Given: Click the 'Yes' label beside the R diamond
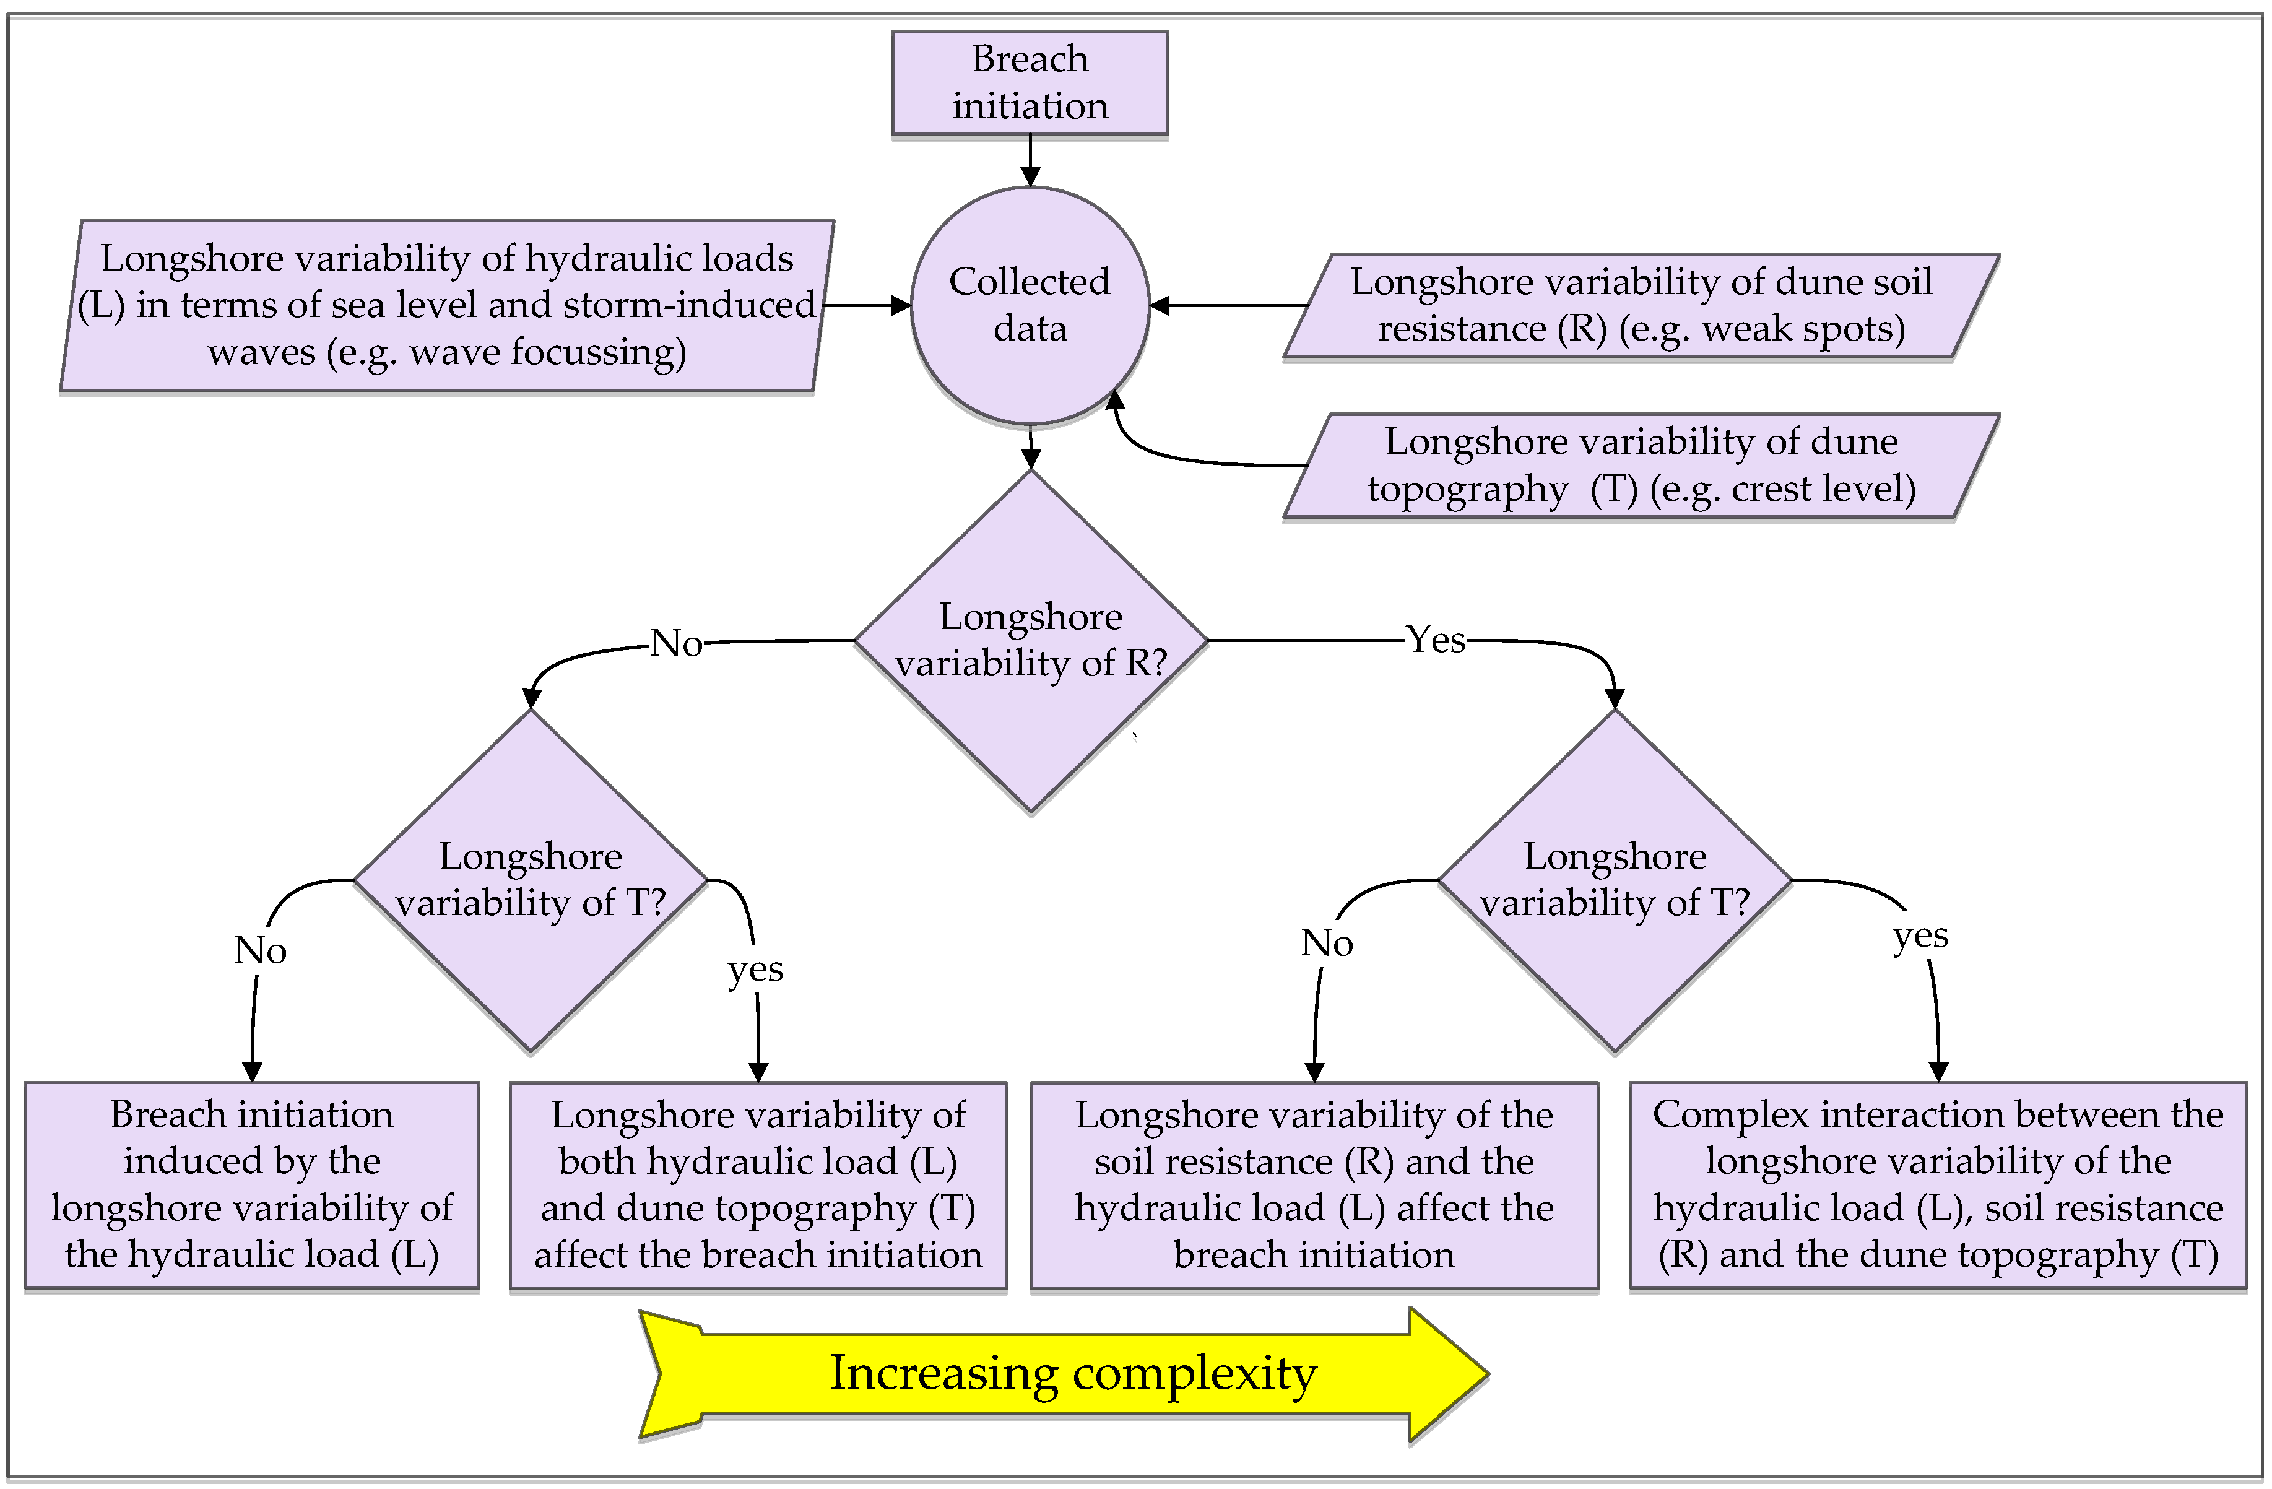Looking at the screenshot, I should (1435, 640).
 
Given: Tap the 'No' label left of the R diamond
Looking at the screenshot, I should (676, 643).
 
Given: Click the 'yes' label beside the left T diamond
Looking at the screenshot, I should (755, 969).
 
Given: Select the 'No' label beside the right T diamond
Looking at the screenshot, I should (1326, 943).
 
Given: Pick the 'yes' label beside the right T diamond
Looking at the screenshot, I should (1920, 936).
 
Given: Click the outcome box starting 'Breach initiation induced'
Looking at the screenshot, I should (252, 1184).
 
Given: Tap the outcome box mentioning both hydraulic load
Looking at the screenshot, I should (758, 1184).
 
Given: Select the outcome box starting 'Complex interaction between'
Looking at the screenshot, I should (1938, 1184).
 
